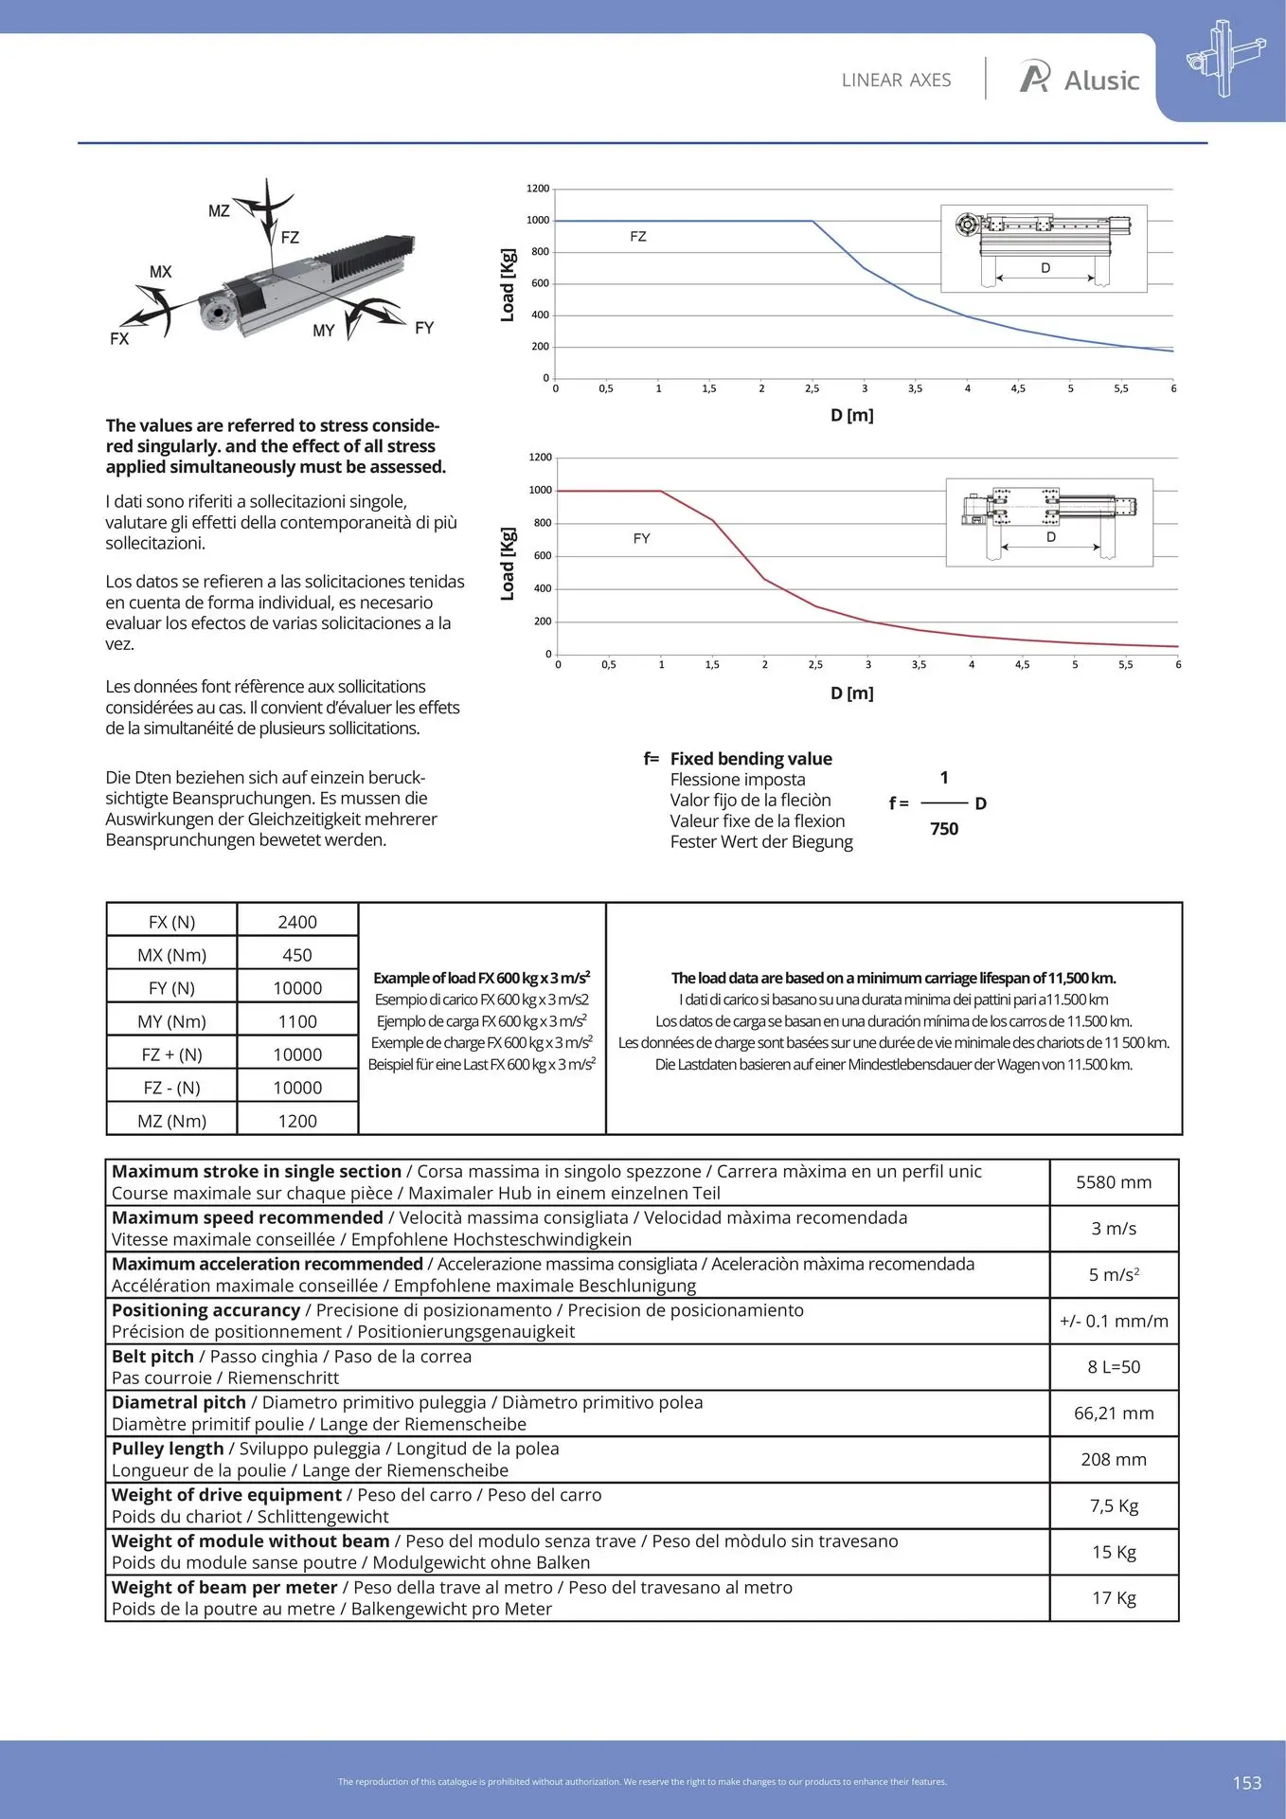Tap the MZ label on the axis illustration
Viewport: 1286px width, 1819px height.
(219, 211)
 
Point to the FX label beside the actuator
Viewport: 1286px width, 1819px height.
(119, 338)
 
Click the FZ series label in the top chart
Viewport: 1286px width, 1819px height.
(638, 237)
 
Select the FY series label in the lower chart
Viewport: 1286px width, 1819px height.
(641, 538)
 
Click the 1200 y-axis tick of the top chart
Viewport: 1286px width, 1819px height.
(538, 189)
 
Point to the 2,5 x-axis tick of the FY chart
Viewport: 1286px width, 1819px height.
(815, 665)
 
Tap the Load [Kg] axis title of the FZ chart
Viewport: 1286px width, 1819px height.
(508, 285)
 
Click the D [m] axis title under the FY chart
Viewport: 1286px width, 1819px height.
(852, 693)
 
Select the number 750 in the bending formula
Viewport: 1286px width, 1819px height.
(944, 829)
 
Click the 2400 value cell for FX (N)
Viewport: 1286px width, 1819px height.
(297, 922)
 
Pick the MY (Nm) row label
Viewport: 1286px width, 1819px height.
(171, 1021)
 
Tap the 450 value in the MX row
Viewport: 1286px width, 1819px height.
(297, 955)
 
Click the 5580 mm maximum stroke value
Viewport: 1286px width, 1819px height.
(1114, 1182)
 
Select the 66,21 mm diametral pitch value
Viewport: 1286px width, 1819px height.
(1114, 1414)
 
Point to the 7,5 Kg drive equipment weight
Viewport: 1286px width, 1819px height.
(1114, 1505)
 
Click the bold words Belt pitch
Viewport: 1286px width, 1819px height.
(152, 1357)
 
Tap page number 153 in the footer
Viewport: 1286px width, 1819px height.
(1247, 1783)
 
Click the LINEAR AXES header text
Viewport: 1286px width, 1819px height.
(896, 81)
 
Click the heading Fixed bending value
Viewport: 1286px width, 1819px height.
(751, 759)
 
